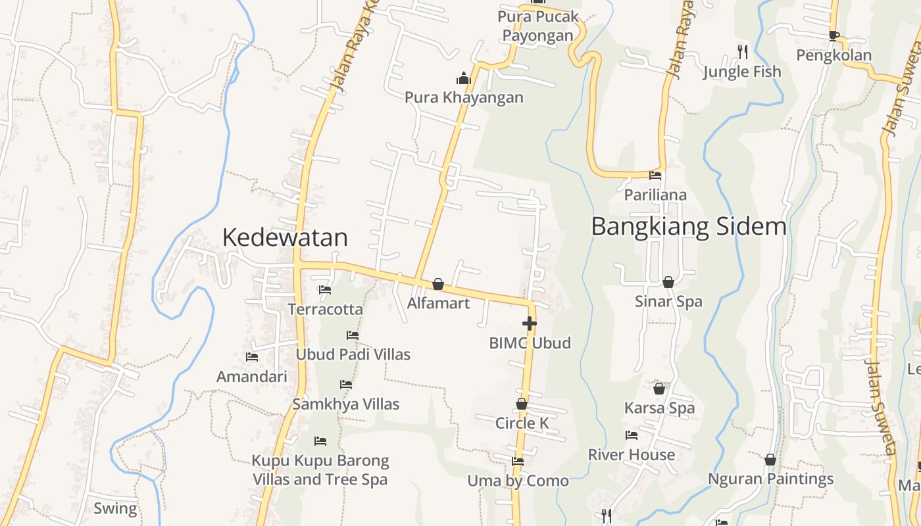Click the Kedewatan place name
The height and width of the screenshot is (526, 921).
[x=285, y=237]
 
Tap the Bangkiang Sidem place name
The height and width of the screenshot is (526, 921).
[x=688, y=226]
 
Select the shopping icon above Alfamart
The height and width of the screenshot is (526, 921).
[x=438, y=284]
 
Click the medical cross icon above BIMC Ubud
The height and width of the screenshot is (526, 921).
[x=530, y=323]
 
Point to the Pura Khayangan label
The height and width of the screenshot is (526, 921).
[x=464, y=97]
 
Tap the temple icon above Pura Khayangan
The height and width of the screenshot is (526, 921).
[x=464, y=79]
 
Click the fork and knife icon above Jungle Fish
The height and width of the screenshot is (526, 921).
[x=742, y=51]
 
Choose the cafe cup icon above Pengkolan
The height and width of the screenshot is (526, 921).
[x=834, y=36]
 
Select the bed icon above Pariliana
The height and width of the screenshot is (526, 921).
[x=655, y=176]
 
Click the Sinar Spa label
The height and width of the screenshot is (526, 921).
[x=668, y=301]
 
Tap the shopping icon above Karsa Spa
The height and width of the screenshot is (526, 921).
[x=659, y=389]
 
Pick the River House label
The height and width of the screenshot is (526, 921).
[x=631, y=454]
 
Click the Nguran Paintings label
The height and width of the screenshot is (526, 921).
[x=770, y=479]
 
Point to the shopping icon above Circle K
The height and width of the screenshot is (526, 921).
[x=522, y=404]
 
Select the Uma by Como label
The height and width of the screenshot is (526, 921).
[x=518, y=481]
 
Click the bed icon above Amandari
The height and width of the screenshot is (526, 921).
[x=252, y=357]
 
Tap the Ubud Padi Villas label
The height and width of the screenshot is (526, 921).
[x=353, y=354]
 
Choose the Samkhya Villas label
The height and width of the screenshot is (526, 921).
[x=345, y=404]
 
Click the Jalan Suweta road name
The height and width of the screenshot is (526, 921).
[x=880, y=408]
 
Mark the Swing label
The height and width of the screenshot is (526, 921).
[x=115, y=508]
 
